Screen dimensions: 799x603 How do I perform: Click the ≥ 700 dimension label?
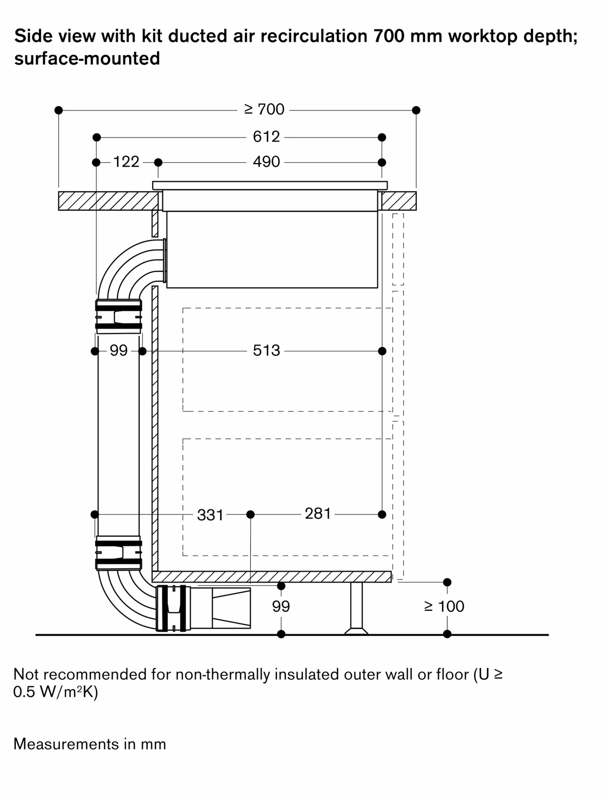[264, 109]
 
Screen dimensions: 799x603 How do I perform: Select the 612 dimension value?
[266, 137]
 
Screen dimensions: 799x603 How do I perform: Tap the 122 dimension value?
[126, 162]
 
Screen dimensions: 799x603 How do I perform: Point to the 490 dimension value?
[266, 162]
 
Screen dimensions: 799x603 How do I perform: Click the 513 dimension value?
[266, 351]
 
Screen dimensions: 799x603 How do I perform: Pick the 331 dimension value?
[210, 515]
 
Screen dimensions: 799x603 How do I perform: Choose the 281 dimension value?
[318, 514]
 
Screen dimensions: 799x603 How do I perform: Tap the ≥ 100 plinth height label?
[444, 606]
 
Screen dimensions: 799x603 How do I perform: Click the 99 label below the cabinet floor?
[281, 606]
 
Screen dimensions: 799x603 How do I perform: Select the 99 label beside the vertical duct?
[118, 351]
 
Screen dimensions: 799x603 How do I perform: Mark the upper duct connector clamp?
[118, 316]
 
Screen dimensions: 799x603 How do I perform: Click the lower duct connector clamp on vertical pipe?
[118, 553]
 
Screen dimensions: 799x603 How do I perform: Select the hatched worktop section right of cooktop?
[399, 201]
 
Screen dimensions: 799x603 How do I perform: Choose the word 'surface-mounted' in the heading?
[87, 59]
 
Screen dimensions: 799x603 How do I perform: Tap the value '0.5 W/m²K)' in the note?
[56, 692]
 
